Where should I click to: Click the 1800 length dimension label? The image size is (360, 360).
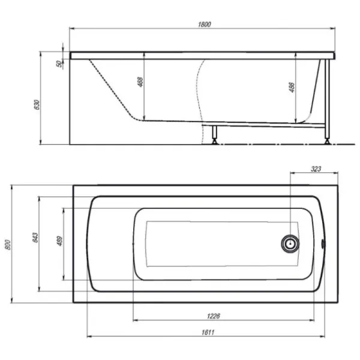point(204,25)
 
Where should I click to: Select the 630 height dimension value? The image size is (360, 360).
point(37,104)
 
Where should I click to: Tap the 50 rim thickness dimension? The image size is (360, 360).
point(59,64)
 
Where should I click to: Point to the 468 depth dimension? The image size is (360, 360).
point(140,82)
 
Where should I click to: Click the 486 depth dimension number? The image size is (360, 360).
point(292,87)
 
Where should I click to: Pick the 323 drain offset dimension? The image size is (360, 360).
point(316,169)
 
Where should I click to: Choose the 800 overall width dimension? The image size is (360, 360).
point(8,245)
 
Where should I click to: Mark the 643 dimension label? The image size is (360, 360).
point(35,238)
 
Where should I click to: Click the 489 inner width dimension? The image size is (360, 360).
point(59,241)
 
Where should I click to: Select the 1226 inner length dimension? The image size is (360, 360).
point(214,316)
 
